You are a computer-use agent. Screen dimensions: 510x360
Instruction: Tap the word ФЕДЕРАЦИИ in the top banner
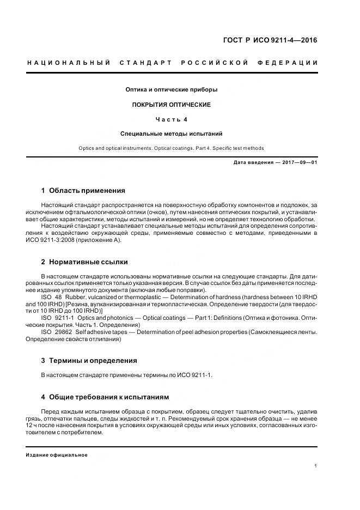pos(293,63)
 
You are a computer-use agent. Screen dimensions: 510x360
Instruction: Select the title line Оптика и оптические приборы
pos(172,89)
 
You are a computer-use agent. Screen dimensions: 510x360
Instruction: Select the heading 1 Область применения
pos(83,191)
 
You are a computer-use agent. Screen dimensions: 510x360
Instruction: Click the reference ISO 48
pos(50,296)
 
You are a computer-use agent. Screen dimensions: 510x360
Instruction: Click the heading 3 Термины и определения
pos(89,361)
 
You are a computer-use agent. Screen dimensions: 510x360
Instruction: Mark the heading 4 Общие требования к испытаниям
pos(105,397)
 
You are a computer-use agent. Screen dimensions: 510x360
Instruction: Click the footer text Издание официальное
pos(57,454)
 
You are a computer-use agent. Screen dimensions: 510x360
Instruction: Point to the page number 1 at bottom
pos(316,466)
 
